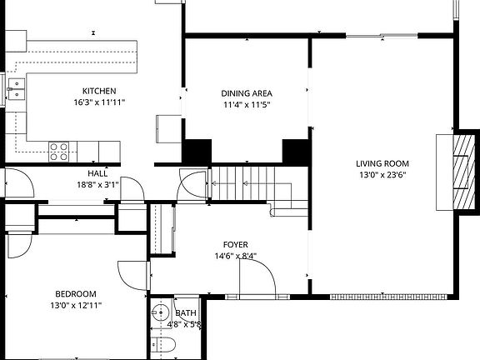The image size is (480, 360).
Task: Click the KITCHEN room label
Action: coord(98,91)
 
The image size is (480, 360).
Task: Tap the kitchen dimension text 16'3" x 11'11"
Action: coord(98,104)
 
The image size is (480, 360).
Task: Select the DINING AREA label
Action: coord(247,92)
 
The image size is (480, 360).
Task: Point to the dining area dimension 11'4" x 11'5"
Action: coord(247,105)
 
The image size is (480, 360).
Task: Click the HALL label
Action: coord(97,173)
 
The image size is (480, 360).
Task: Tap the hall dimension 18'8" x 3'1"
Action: coord(97,185)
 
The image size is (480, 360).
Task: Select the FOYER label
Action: coord(234,244)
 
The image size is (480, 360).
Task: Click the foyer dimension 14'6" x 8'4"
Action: coord(234,257)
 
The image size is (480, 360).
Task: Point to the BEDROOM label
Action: coord(76,293)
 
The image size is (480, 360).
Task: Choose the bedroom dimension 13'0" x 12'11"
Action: coord(76,306)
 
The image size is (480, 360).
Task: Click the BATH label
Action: coord(186,313)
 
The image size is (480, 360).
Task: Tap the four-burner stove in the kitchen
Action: coord(58,151)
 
